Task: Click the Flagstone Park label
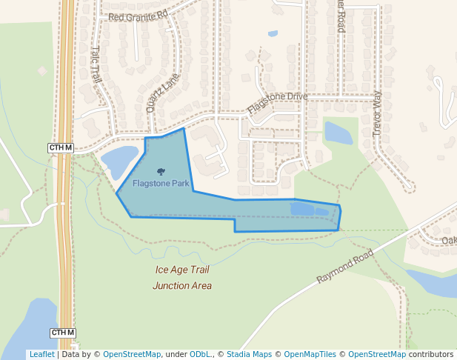coord(161,183)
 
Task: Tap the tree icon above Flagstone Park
coord(161,171)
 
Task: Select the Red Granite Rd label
coord(139,15)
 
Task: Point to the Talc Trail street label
coord(96,64)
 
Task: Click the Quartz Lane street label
coord(163,92)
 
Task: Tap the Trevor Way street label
coord(376,112)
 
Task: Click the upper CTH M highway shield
coord(61,148)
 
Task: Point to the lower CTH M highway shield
coord(63,333)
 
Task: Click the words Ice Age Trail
coord(182,270)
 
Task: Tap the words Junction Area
coord(182,286)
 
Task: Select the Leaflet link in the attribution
coord(41,355)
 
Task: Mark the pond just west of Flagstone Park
coord(119,160)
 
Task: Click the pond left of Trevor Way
coord(338,133)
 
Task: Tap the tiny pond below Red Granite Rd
coord(273,34)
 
